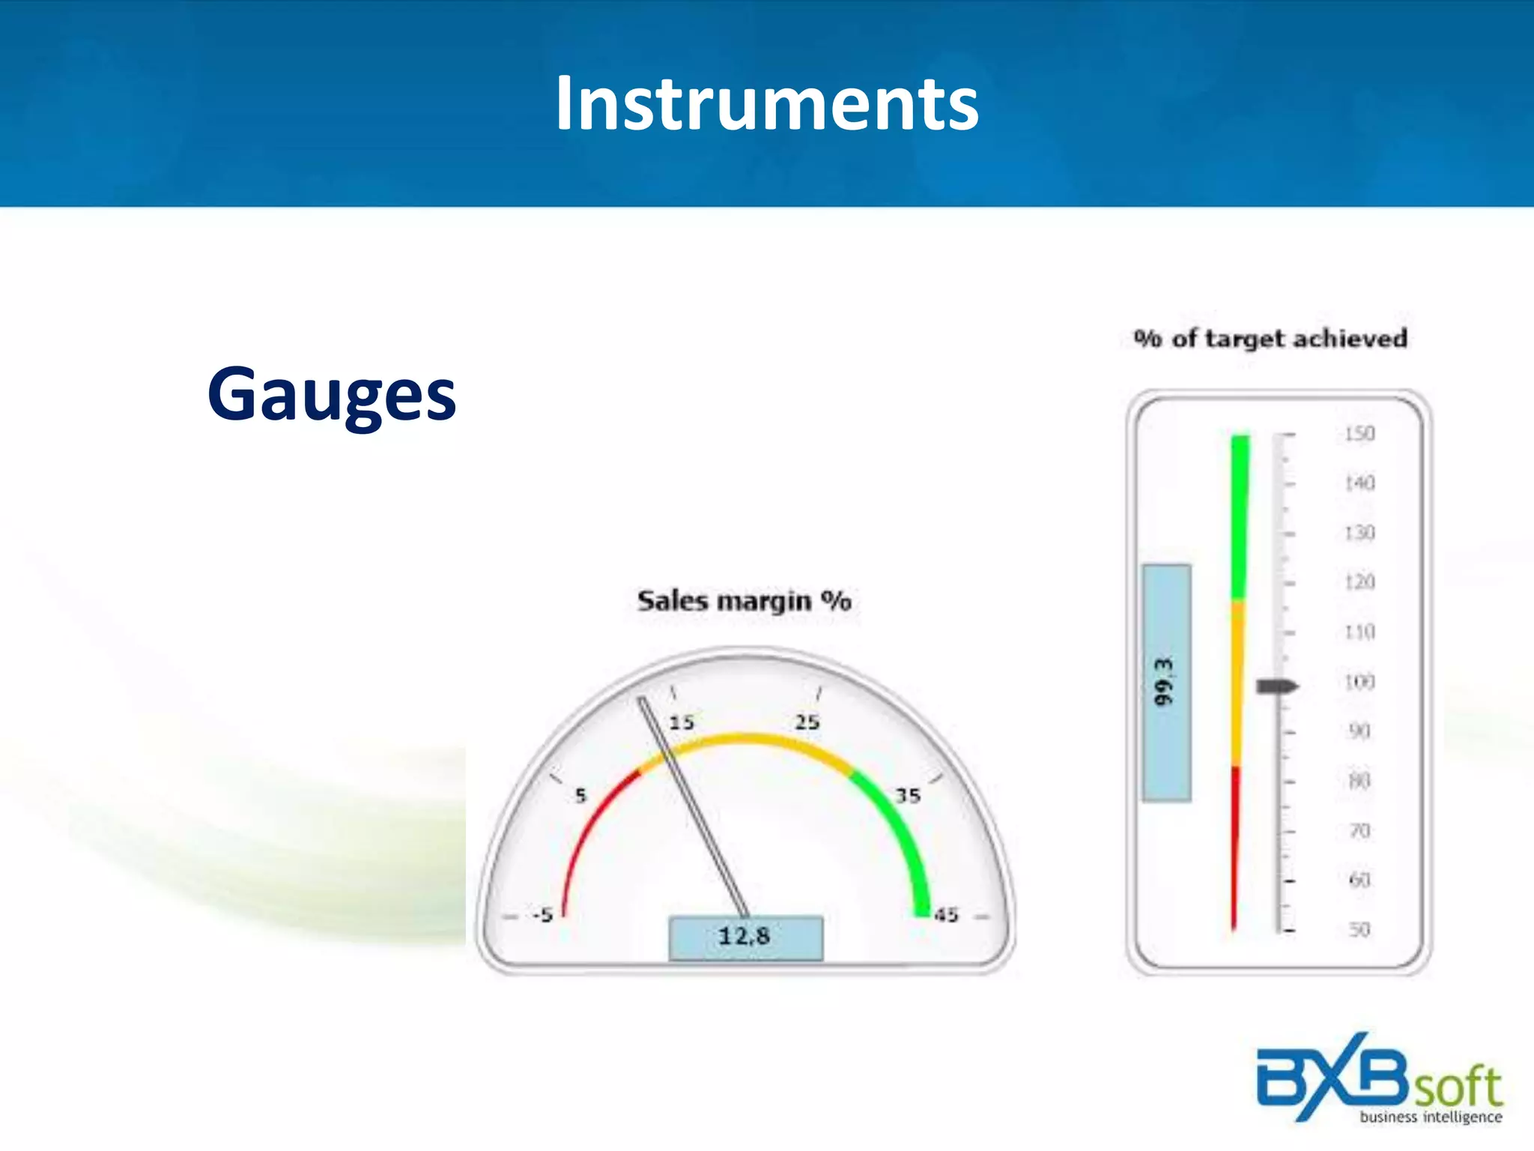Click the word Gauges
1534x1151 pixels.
[332, 394]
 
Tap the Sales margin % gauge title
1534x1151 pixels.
[744, 601]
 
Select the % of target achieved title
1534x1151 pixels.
[1270, 339]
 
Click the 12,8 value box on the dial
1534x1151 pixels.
[745, 937]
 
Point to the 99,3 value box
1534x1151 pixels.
[1166, 682]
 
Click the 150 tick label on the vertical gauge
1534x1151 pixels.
[1359, 434]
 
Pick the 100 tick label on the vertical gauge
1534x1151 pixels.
[1359, 682]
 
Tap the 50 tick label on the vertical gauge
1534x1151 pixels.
[1359, 930]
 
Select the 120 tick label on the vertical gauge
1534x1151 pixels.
[1359, 582]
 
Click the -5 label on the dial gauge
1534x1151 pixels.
[543, 915]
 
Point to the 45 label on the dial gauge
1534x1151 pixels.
[946, 915]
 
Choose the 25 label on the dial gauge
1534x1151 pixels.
[807, 722]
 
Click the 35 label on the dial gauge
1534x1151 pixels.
[908, 796]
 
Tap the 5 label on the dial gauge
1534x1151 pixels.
[580, 796]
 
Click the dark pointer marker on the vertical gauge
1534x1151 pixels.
[1276, 686]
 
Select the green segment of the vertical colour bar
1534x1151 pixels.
[1240, 517]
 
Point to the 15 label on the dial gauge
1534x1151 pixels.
[682, 722]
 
